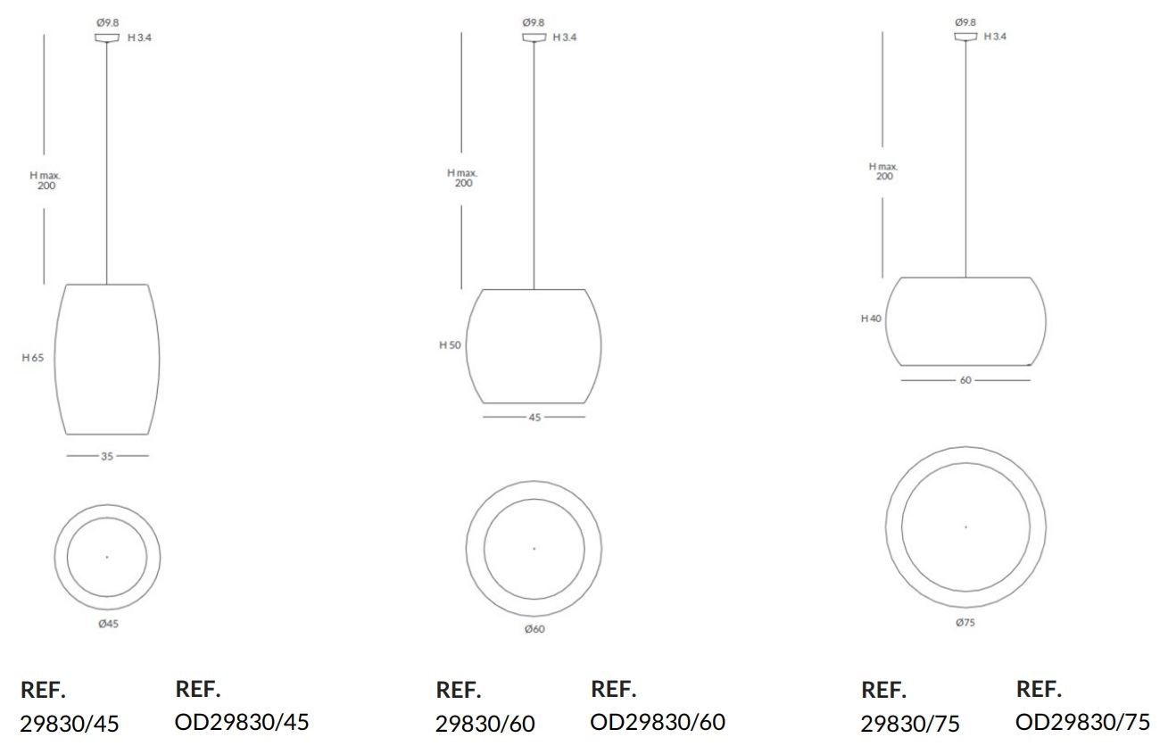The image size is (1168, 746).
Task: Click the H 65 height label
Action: coord(33,358)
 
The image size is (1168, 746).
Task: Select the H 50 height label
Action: coord(450,345)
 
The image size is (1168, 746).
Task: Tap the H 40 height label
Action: coord(871,319)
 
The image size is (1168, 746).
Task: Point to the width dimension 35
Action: coord(107,456)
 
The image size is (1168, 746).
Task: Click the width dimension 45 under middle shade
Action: coord(534,417)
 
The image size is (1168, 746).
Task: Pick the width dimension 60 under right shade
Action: coord(965,380)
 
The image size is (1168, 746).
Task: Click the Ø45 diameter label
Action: coord(108,624)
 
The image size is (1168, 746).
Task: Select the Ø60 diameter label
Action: coord(534,629)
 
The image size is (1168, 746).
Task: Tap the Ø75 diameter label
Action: coord(965,623)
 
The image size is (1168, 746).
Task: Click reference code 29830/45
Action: coord(69,723)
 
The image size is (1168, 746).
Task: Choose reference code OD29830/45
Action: coord(242,721)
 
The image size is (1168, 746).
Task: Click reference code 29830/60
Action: coord(485,723)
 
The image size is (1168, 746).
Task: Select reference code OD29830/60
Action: coord(658,721)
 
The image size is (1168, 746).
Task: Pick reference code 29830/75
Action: coord(910,723)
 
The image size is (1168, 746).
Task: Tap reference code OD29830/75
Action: coord(1082,721)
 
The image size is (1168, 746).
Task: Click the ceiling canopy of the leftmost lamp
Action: coord(107,37)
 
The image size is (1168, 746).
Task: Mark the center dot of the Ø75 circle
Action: coord(965,526)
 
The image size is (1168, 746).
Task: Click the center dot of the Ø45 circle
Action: coord(107,557)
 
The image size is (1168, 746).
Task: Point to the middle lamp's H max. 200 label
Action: coord(463,178)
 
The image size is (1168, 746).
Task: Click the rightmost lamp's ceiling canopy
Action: coord(965,37)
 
